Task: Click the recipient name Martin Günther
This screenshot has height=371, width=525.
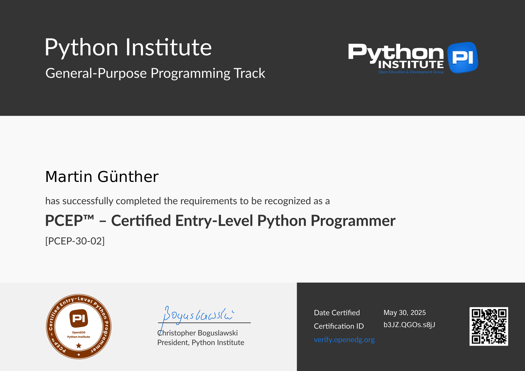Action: tap(102, 177)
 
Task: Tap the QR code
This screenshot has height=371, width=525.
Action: tap(489, 326)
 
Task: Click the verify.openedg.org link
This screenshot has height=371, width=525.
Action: tap(344, 340)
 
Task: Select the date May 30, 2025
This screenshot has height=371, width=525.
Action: tap(405, 313)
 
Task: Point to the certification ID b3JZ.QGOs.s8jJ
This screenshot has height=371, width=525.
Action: tap(409, 325)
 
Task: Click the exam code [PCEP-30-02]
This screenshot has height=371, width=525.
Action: tap(75, 241)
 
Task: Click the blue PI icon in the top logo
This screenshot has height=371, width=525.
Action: tap(463, 58)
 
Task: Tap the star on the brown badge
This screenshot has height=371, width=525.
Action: tap(79, 345)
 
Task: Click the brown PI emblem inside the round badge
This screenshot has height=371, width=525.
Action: tap(79, 318)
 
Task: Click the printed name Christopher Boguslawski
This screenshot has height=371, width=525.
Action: tap(197, 333)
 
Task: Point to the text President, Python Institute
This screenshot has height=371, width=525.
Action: tap(201, 343)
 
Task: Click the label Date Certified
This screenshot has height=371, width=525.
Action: tap(337, 313)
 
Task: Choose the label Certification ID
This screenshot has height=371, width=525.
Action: tap(339, 326)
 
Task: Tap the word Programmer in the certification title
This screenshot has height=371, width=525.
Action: tap(353, 221)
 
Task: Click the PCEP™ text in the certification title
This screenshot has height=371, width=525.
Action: tap(70, 221)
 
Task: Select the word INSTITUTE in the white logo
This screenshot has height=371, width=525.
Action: tap(411, 64)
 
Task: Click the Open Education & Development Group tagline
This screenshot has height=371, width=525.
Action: tap(411, 72)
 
